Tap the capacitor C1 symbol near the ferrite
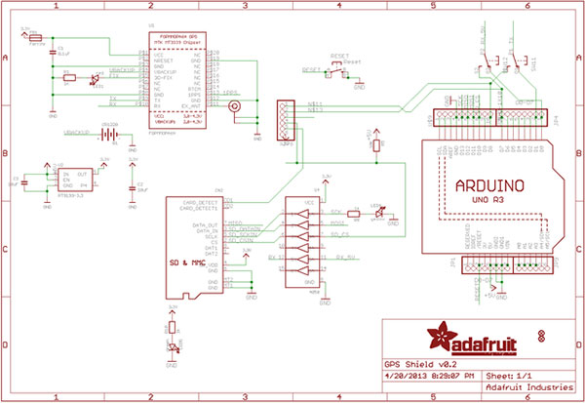click(53, 48)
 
